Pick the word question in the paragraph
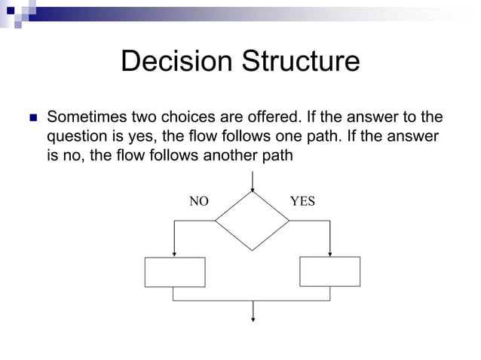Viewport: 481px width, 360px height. click(78, 138)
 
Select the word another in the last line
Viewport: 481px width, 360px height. click(233, 156)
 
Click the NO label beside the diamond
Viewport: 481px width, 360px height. click(198, 202)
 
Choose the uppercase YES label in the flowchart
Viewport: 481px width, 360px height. click(302, 202)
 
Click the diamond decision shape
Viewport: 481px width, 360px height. click(252, 221)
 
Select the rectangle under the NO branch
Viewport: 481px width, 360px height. click(174, 272)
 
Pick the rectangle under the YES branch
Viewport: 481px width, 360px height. click(329, 271)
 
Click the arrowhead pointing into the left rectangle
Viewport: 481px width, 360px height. click(174, 254)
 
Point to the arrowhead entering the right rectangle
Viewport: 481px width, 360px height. click(330, 253)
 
